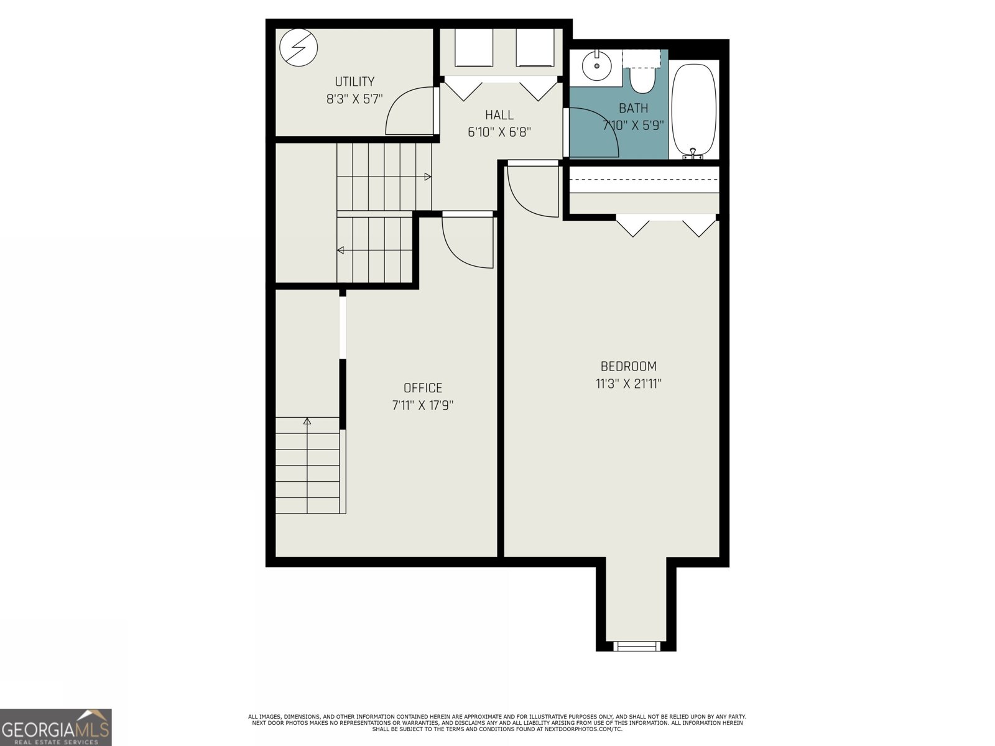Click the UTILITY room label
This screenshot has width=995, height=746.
pyautogui.click(x=354, y=81)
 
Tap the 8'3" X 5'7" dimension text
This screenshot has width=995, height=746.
pyautogui.click(x=354, y=99)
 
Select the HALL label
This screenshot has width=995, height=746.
pyautogui.click(x=499, y=114)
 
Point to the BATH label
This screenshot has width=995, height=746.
pyautogui.click(x=633, y=108)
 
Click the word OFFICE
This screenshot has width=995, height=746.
pyautogui.click(x=422, y=388)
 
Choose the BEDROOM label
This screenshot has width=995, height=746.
pyautogui.click(x=628, y=366)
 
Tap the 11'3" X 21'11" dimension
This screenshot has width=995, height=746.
pyautogui.click(x=628, y=384)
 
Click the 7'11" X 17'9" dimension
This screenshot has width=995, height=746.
pyautogui.click(x=422, y=405)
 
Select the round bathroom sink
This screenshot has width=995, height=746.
pyautogui.click(x=596, y=66)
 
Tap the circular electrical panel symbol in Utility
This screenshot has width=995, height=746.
pyautogui.click(x=298, y=48)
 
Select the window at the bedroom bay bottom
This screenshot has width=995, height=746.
pyautogui.click(x=636, y=646)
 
